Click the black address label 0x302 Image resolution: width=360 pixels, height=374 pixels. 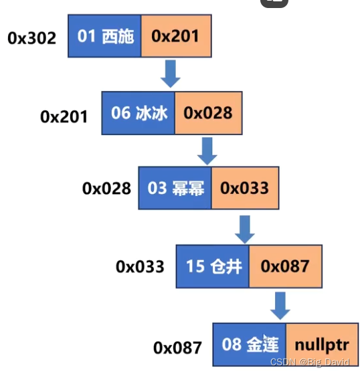click(32, 37)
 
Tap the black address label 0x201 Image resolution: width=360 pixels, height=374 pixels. click(64, 116)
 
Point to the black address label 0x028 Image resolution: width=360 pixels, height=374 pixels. click(106, 189)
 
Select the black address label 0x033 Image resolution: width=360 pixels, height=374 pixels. click(140, 266)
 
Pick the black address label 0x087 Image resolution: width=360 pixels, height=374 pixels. click(177, 347)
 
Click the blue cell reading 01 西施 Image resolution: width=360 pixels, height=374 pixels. click(105, 36)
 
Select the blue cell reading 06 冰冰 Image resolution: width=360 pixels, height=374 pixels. click(139, 113)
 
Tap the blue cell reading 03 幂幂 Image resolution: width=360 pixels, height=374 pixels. click(175, 188)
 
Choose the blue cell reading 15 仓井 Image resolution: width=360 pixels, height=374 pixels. click(213, 266)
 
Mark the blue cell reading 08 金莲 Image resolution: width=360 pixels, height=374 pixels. click(250, 345)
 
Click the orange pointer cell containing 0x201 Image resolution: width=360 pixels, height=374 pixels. click(175, 36)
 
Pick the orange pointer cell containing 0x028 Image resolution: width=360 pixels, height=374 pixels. click(208, 113)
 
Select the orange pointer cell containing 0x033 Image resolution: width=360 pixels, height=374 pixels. click(245, 188)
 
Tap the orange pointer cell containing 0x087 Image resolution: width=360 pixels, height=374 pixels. click(285, 266)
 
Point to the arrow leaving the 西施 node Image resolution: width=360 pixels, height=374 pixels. click(171, 73)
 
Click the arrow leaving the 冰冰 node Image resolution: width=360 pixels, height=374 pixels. click(208, 149)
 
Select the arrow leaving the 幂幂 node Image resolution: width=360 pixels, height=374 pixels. click(244, 227)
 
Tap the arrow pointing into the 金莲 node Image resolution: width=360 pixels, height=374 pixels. click(281, 304)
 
